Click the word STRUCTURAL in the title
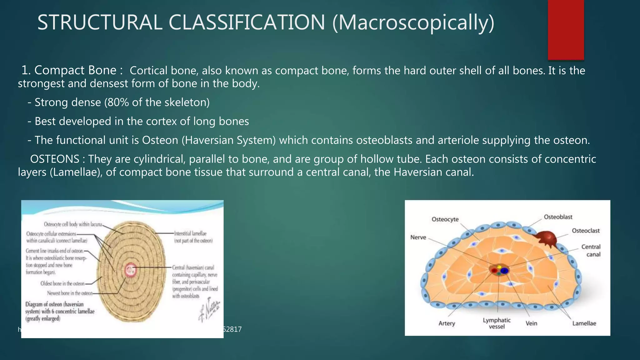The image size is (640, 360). point(99,22)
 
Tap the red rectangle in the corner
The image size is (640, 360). point(566,30)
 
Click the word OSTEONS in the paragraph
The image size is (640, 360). point(55,159)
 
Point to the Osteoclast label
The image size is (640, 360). point(586,231)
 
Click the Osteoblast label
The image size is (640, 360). point(558,217)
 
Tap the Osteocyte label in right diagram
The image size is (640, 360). point(445,219)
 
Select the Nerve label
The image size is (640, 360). point(418,237)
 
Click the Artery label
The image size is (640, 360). point(447,323)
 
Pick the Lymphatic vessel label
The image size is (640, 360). point(497,323)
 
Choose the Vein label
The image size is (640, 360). point(531,323)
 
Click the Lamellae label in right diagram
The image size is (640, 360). point(584,323)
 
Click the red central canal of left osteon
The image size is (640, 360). point(130,270)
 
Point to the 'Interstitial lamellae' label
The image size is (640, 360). point(193,237)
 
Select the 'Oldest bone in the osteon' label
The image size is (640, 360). point(62,283)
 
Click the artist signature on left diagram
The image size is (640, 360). point(209,310)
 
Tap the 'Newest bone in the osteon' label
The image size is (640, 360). point(70,293)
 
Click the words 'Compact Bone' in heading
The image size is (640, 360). point(75,70)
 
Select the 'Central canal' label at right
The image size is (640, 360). point(591,250)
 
